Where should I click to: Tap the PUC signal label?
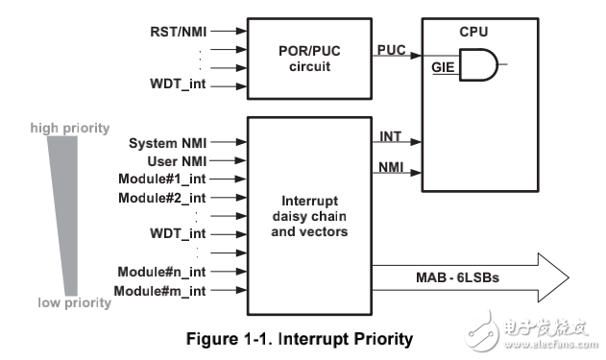point(390,47)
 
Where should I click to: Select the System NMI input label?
point(167,144)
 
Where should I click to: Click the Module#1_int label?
point(163,179)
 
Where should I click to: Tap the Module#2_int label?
point(163,197)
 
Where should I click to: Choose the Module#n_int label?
point(163,272)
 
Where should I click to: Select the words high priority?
point(69,128)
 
